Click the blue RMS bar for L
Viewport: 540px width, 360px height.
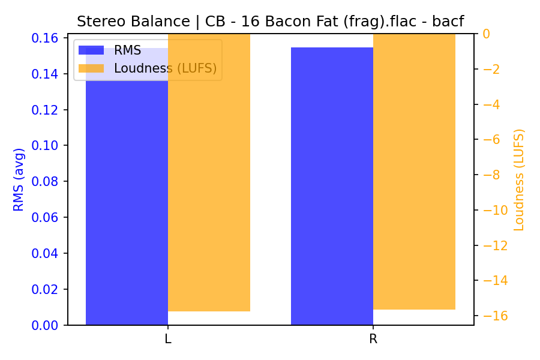pyautogui.click(x=127, y=198)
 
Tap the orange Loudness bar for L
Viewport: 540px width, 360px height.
pyautogui.click(x=209, y=180)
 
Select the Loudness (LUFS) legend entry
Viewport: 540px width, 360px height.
pyautogui.click(x=165, y=68)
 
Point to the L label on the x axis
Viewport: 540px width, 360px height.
pyautogui.click(x=168, y=339)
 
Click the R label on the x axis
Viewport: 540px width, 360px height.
pyautogui.click(x=373, y=339)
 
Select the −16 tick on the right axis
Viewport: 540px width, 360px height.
pyautogui.click(x=495, y=316)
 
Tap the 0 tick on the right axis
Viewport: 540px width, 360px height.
pyautogui.click(x=486, y=34)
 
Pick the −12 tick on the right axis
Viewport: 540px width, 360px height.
pyautogui.click(x=495, y=245)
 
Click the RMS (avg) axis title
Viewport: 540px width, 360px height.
pyautogui.click(x=19, y=179)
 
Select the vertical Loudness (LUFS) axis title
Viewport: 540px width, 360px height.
pyautogui.click(x=519, y=179)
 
